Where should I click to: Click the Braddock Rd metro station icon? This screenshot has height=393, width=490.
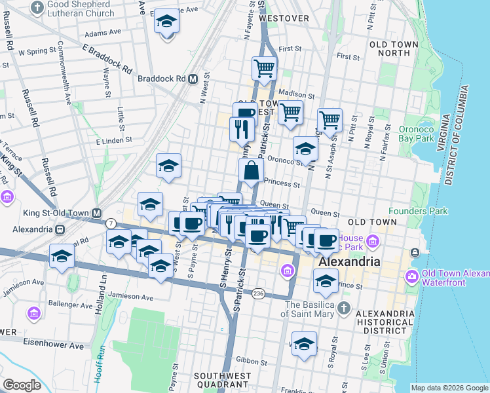tap(193, 79)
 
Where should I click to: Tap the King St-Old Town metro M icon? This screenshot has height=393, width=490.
tap(97, 213)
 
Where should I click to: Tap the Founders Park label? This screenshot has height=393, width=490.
tap(418, 211)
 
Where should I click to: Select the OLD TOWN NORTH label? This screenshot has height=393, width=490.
tap(393, 48)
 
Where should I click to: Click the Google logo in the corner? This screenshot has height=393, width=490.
tap(22, 384)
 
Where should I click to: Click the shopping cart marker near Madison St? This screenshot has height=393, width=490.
tap(264, 67)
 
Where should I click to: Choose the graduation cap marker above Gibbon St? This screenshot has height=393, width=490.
tap(304, 344)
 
